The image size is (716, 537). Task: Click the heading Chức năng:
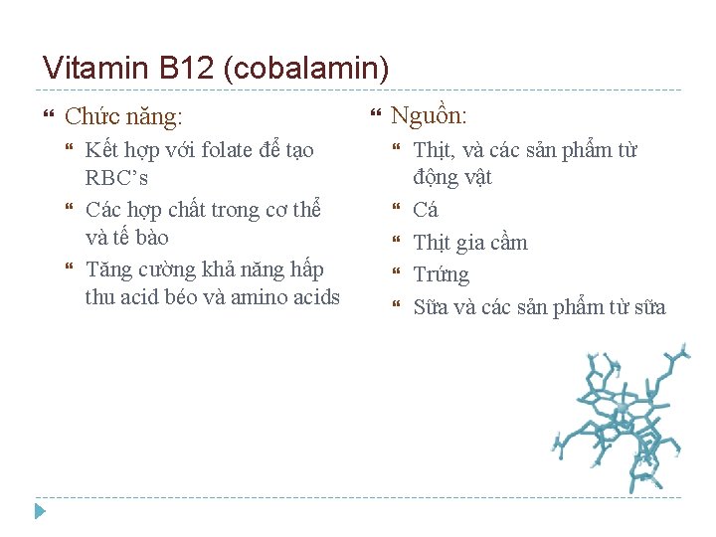(x=123, y=117)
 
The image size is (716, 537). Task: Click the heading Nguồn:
(x=429, y=115)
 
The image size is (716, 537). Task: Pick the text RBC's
(x=116, y=179)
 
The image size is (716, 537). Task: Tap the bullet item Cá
(x=426, y=210)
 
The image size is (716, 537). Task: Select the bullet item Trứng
(x=441, y=275)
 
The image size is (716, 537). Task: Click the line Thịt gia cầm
(x=470, y=243)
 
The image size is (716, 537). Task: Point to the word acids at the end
(x=316, y=297)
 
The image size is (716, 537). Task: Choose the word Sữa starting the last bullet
(x=431, y=307)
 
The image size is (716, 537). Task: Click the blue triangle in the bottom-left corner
(x=40, y=511)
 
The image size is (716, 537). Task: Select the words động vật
(x=452, y=178)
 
